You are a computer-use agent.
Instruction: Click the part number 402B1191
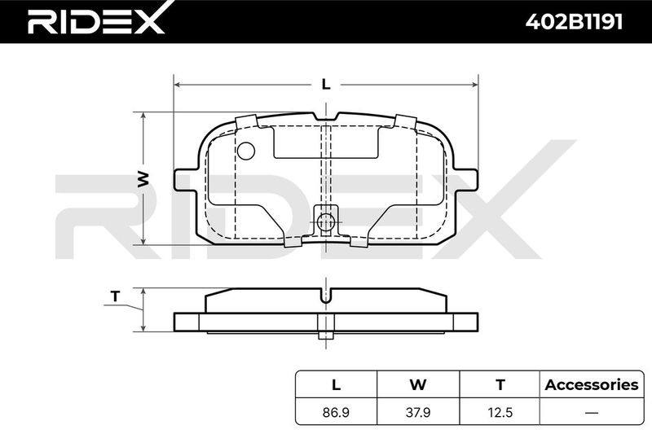(574, 22)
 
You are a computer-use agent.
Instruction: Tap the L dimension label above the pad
(327, 85)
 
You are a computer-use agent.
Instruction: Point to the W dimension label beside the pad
(143, 178)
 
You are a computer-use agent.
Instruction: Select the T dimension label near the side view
(115, 296)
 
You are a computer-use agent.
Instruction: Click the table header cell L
(336, 384)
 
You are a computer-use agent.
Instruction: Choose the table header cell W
(418, 384)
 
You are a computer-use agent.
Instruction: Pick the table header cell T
(500, 384)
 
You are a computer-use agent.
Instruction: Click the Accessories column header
(592, 384)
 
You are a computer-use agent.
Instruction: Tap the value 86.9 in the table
(336, 412)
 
